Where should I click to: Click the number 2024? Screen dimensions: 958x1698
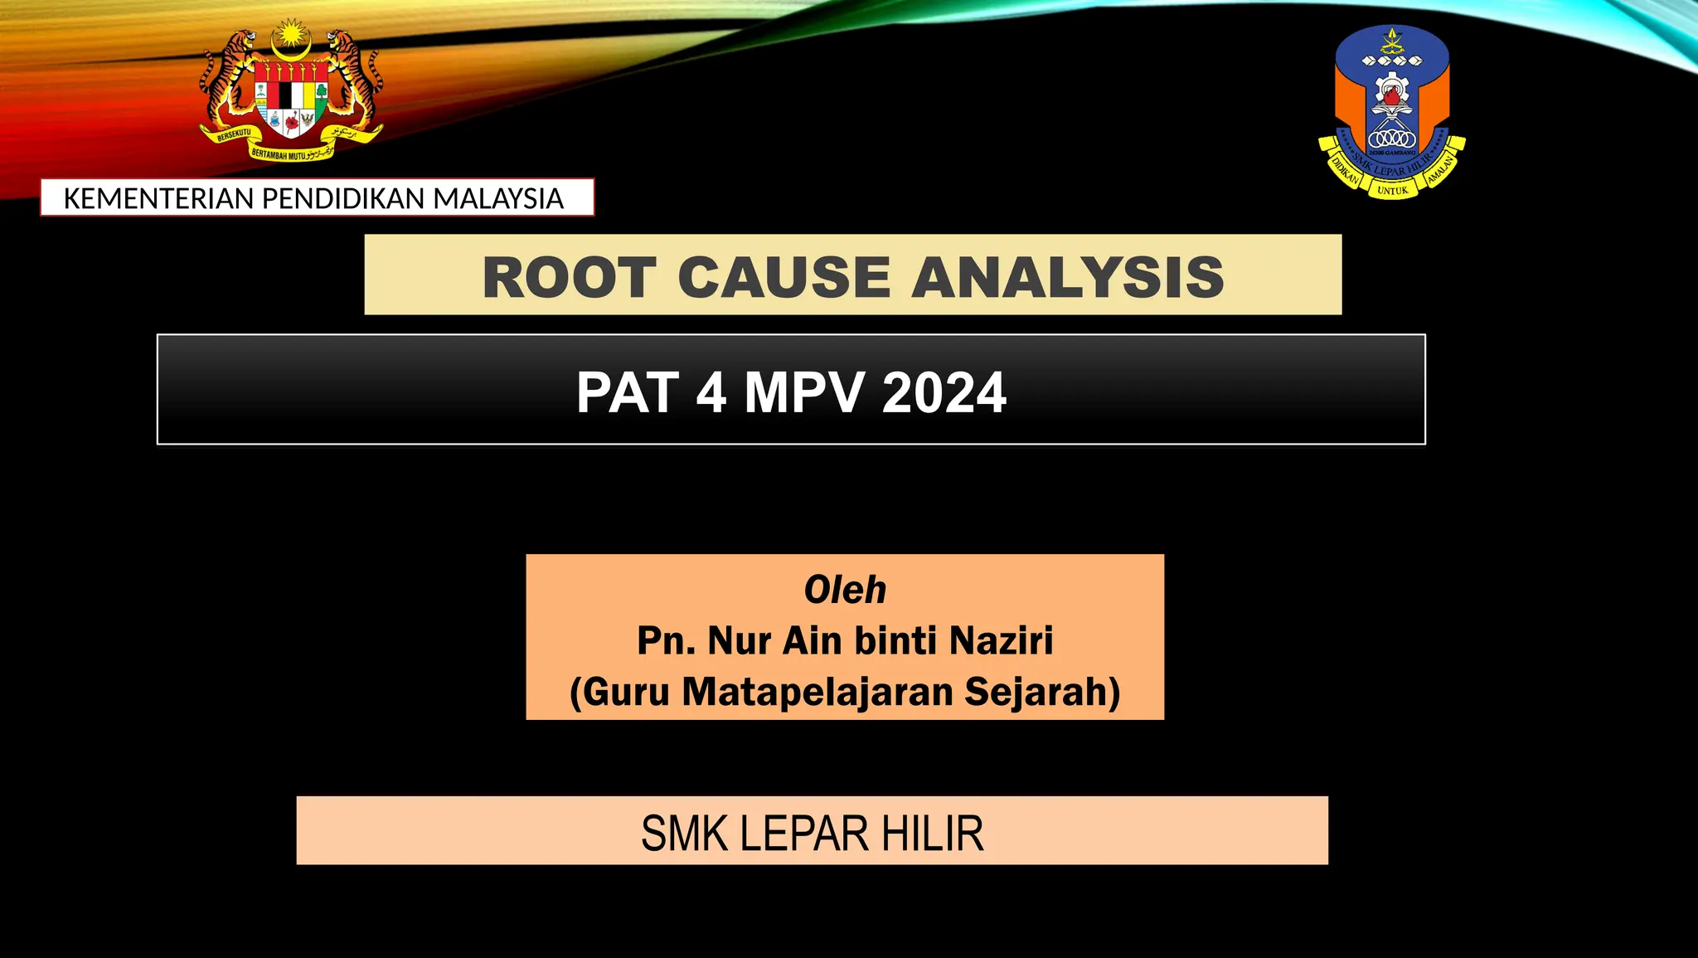944,392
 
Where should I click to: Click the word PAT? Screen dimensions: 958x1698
628,392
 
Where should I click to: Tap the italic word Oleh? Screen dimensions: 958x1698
845,590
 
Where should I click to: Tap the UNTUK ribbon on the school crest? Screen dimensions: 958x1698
1392,191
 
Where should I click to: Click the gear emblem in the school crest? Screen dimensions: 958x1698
1392,91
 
